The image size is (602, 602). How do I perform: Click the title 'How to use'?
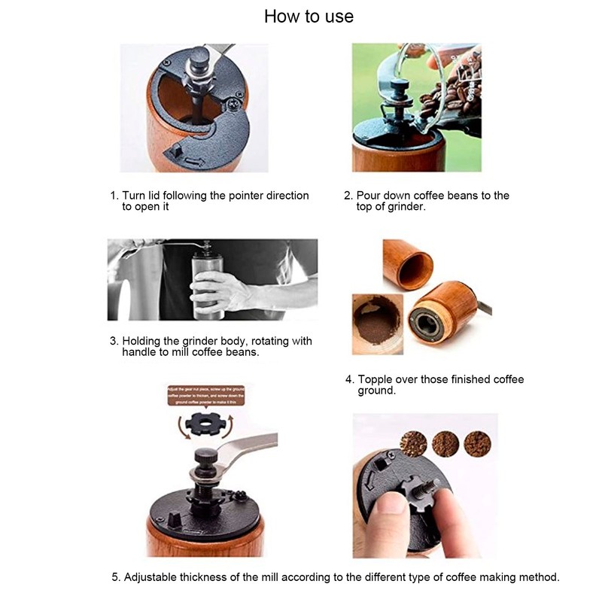point(309,17)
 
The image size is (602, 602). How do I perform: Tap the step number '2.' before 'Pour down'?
point(348,196)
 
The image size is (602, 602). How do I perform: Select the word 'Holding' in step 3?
point(142,341)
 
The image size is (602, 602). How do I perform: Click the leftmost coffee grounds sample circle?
point(413,443)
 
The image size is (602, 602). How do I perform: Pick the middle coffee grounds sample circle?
point(445,443)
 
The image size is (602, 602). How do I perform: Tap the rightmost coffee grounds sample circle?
point(477,443)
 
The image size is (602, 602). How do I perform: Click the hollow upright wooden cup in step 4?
point(408,265)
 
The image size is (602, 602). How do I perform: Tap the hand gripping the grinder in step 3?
point(214,290)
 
